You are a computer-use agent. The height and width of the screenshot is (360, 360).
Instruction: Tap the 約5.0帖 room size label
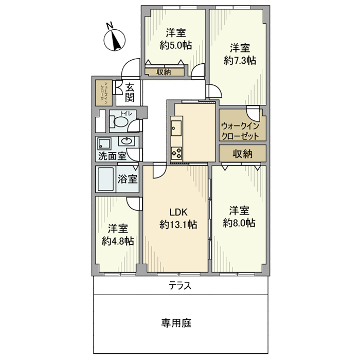[x=175, y=45]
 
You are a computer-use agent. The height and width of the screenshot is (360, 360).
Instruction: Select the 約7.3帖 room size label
[x=240, y=61]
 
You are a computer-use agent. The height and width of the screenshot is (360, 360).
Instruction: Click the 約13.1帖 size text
[x=177, y=224]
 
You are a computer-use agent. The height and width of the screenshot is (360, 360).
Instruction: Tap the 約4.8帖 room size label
[x=118, y=241]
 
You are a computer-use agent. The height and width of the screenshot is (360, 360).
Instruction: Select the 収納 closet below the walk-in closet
[x=243, y=153]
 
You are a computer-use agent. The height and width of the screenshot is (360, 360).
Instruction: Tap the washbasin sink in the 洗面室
[x=126, y=141]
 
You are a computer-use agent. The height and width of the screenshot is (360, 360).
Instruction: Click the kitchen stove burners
[x=176, y=153]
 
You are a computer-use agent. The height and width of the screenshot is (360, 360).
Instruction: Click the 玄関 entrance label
[x=130, y=92]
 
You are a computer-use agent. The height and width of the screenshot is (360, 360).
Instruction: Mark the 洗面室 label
[x=112, y=155]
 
